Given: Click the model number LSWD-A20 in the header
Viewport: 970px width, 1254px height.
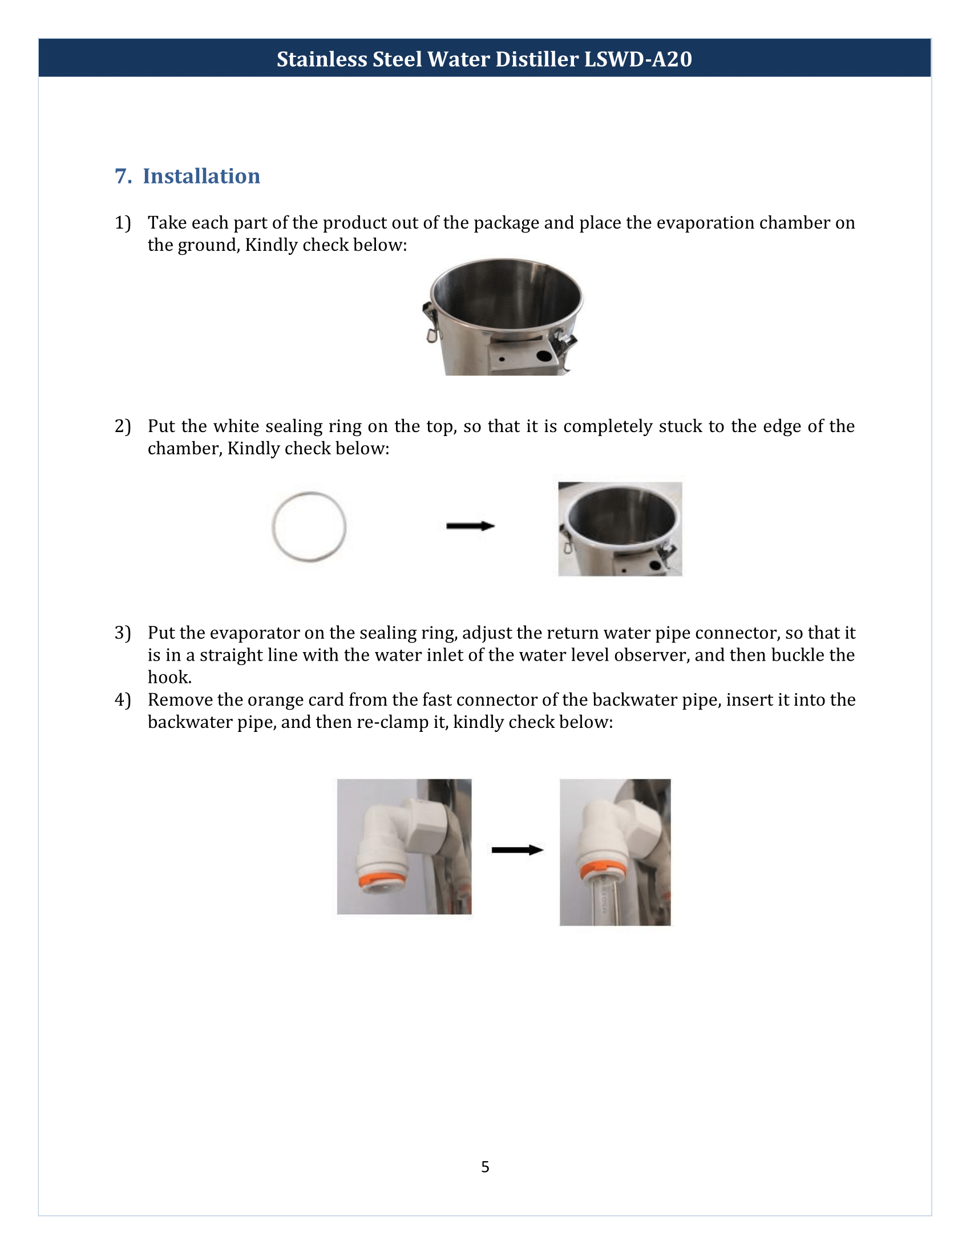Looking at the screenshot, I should [x=638, y=59].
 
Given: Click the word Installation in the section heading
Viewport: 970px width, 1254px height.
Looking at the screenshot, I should [x=201, y=176].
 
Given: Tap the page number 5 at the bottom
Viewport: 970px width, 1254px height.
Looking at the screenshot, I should [x=485, y=1167].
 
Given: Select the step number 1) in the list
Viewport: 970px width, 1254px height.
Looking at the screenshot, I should [x=123, y=223].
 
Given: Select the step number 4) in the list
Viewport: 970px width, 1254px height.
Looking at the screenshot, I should [x=123, y=700].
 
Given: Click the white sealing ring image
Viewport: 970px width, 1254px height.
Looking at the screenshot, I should [x=309, y=527].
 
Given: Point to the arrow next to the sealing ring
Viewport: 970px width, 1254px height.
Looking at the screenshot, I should [x=470, y=526].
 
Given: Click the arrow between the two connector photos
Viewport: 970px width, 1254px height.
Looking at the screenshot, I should [x=516, y=850].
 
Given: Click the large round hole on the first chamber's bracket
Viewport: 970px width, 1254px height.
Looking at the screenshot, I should [x=544, y=356].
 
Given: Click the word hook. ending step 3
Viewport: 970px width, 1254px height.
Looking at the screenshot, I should [x=169, y=678].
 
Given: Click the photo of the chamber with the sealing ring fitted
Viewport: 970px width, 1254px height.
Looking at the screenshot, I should [x=620, y=529].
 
